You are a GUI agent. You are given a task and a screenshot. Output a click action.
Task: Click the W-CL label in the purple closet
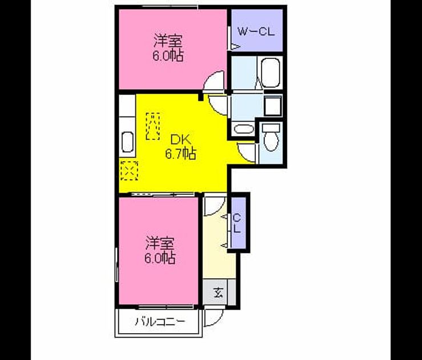(256, 32)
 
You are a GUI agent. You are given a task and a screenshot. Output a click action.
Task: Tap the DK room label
(181, 140)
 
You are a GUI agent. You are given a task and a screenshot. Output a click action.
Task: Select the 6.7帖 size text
(180, 154)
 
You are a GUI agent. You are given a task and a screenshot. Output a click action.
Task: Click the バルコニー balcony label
(160, 322)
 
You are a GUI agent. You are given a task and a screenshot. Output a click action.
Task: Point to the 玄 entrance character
(218, 293)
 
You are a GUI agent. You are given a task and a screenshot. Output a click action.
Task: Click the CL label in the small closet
(237, 223)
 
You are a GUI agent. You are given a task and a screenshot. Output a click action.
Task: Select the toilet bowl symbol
(271, 138)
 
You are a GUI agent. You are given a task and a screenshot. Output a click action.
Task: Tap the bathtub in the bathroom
(270, 73)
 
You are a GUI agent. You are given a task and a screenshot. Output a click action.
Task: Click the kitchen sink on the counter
(127, 142)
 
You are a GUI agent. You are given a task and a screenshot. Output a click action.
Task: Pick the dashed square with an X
(130, 171)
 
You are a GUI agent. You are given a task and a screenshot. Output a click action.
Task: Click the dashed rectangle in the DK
(152, 126)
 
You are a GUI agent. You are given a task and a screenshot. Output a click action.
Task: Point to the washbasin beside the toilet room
(244, 129)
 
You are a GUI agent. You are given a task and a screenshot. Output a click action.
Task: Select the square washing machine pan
(273, 106)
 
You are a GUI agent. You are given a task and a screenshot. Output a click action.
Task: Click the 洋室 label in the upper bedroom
(168, 41)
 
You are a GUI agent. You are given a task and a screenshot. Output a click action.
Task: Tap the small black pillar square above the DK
(200, 97)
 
